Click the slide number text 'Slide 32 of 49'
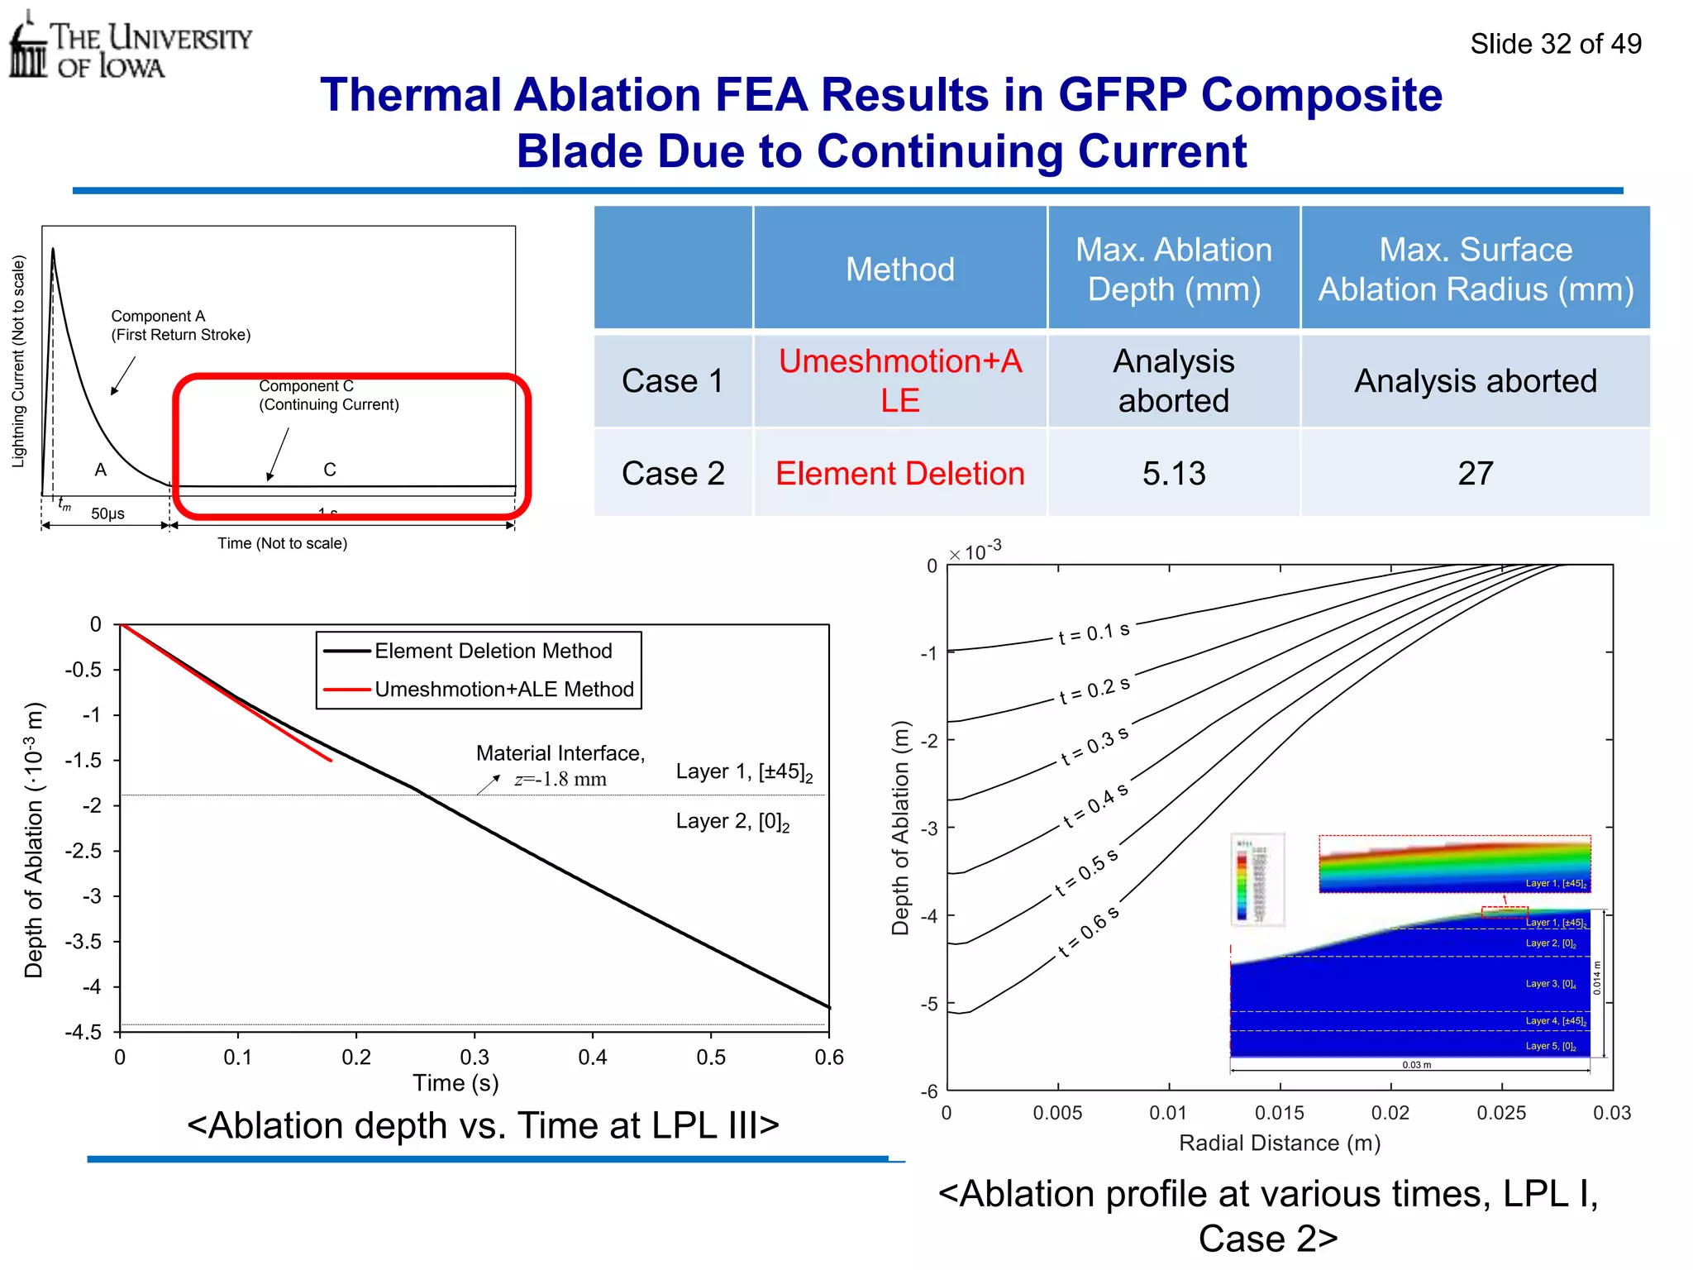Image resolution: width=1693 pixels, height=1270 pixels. pyautogui.click(x=1555, y=44)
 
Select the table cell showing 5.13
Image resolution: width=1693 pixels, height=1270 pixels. pyautogui.click(x=1173, y=474)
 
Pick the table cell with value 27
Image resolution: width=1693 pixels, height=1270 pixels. pyautogui.click(x=1475, y=474)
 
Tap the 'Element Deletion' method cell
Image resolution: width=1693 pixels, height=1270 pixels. pyautogui.click(x=899, y=474)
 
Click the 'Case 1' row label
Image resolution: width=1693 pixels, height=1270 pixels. pyautogui.click(x=672, y=381)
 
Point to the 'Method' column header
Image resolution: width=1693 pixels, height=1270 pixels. pyautogui.click(x=899, y=270)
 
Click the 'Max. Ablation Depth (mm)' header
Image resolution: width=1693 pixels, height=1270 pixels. pyautogui.click(x=1173, y=270)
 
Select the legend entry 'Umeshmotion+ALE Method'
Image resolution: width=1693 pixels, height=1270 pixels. pyautogui.click(x=503, y=690)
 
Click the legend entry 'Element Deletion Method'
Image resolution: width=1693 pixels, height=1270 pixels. pyautogui.click(x=493, y=652)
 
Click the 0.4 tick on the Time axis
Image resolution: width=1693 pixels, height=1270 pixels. pyautogui.click(x=592, y=1058)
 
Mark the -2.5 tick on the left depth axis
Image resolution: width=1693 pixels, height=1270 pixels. pyautogui.click(x=83, y=851)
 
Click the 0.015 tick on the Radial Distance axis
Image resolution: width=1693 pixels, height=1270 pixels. pyautogui.click(x=1279, y=1113)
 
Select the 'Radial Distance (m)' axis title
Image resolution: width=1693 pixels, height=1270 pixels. pyautogui.click(x=1279, y=1143)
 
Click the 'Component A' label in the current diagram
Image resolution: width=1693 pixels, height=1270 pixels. pyautogui.click(x=157, y=317)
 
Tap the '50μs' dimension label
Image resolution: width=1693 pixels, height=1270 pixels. pyautogui.click(x=107, y=513)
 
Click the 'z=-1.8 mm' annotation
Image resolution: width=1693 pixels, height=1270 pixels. pyautogui.click(x=560, y=779)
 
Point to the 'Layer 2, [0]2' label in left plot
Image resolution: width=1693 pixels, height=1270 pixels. pyautogui.click(x=732, y=822)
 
